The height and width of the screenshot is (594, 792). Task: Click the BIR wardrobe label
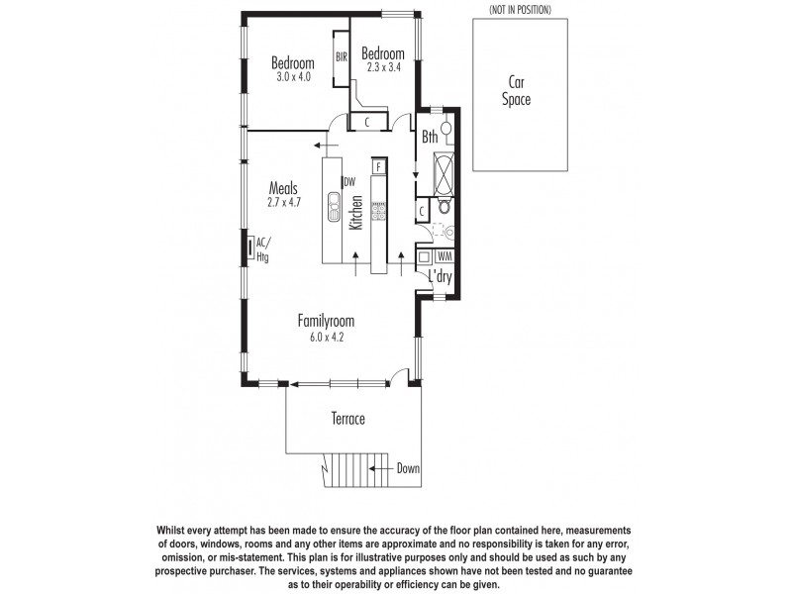(x=342, y=56)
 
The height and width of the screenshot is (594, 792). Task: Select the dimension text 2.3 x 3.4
(x=382, y=67)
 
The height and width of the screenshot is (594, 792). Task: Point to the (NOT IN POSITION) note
(x=520, y=9)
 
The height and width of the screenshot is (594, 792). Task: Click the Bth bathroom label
(x=430, y=138)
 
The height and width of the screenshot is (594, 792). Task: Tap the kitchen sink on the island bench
(x=335, y=208)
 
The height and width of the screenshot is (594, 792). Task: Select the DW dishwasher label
(x=348, y=181)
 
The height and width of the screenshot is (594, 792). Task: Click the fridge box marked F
(x=378, y=166)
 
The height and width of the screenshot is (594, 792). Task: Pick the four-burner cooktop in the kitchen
(x=377, y=210)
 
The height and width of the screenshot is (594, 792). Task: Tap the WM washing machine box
(x=443, y=256)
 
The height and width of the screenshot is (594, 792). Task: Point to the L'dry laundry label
(x=440, y=278)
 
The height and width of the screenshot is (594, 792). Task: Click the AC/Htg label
(x=262, y=248)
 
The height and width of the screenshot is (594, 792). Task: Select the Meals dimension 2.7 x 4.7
(x=283, y=202)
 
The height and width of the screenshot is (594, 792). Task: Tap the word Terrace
(x=347, y=420)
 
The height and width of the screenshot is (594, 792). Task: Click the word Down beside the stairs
(x=408, y=468)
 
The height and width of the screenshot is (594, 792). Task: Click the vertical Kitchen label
(x=355, y=214)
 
